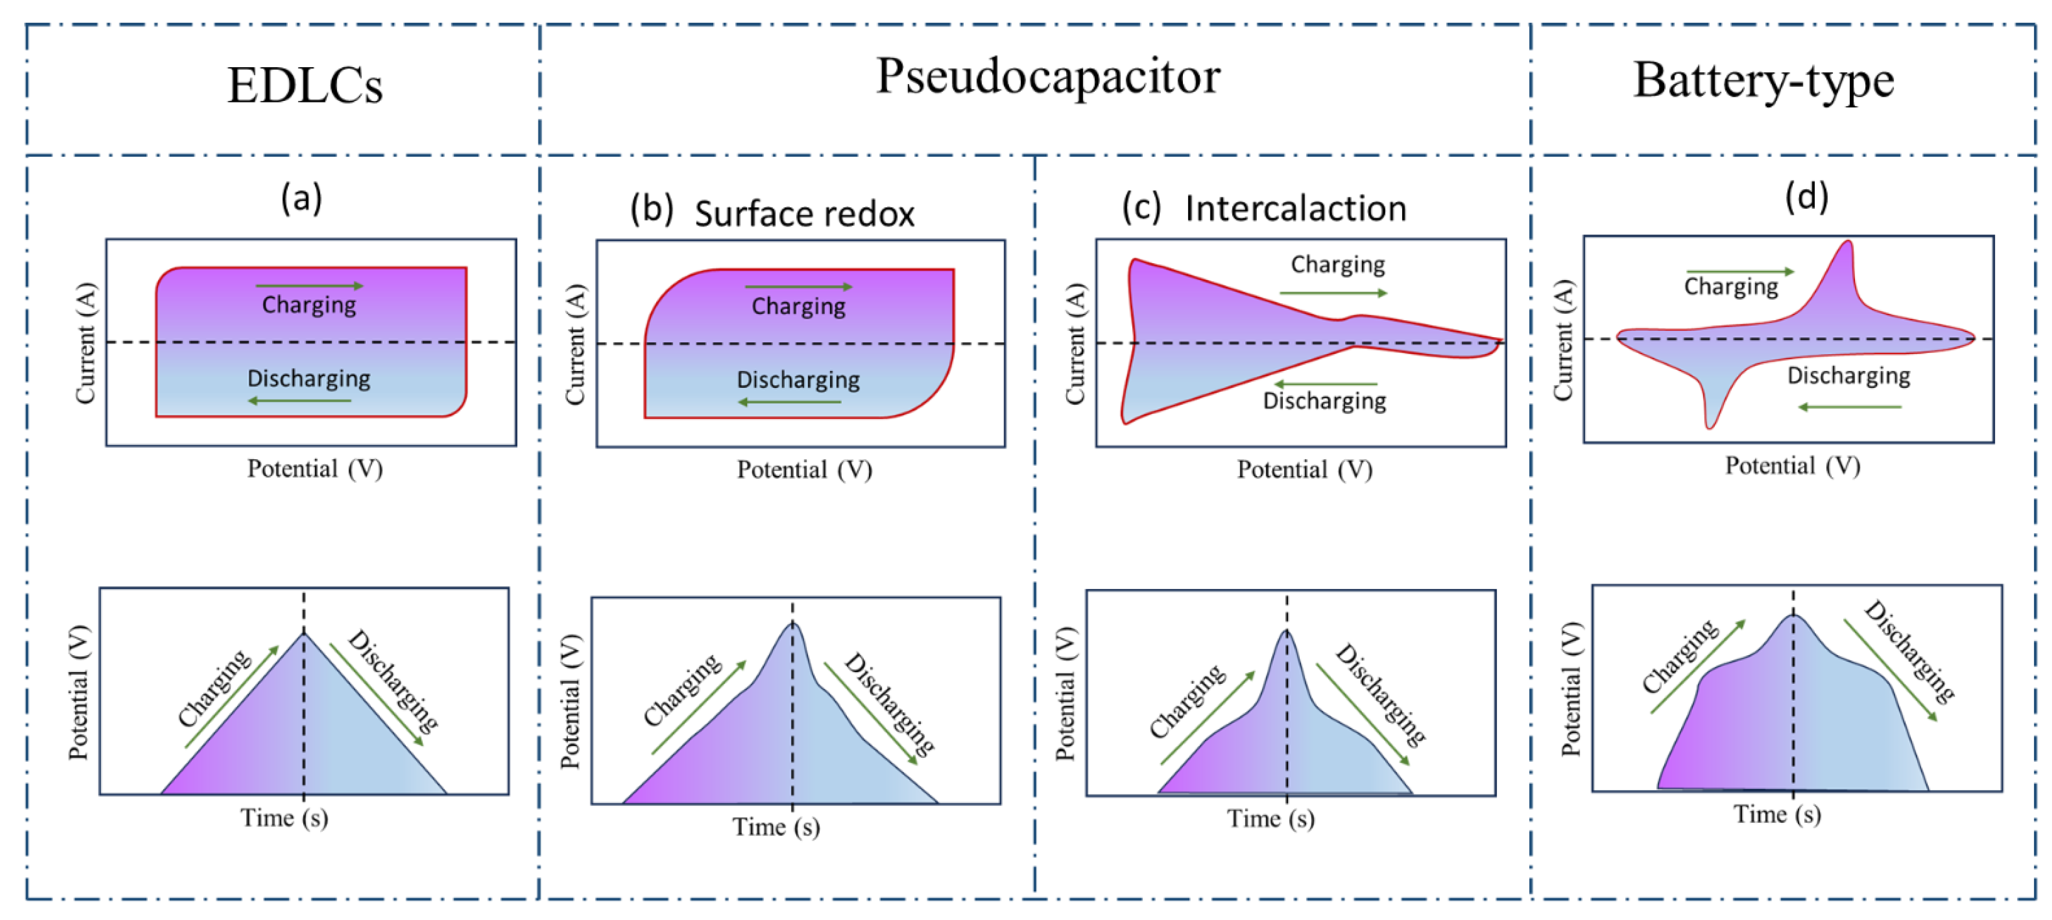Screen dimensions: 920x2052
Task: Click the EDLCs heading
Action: coord(304,85)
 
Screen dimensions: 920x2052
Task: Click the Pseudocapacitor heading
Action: coord(1048,77)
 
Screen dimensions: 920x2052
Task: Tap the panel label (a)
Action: coord(301,198)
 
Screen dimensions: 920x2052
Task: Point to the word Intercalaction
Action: coord(1295,209)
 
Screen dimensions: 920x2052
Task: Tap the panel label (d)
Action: coord(1806,196)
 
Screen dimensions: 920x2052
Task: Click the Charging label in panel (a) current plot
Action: coord(309,304)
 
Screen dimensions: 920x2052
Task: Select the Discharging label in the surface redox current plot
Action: coord(798,380)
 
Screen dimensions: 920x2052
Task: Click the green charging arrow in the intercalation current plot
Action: coord(1332,293)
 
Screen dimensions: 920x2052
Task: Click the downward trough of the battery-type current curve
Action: coord(1709,424)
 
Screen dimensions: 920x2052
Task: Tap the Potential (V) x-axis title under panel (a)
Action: coord(315,468)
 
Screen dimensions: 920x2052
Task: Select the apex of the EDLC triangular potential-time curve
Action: coord(303,633)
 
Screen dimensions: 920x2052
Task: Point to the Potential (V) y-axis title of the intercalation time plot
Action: coord(1065,693)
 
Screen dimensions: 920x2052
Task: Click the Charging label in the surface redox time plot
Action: coord(682,690)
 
